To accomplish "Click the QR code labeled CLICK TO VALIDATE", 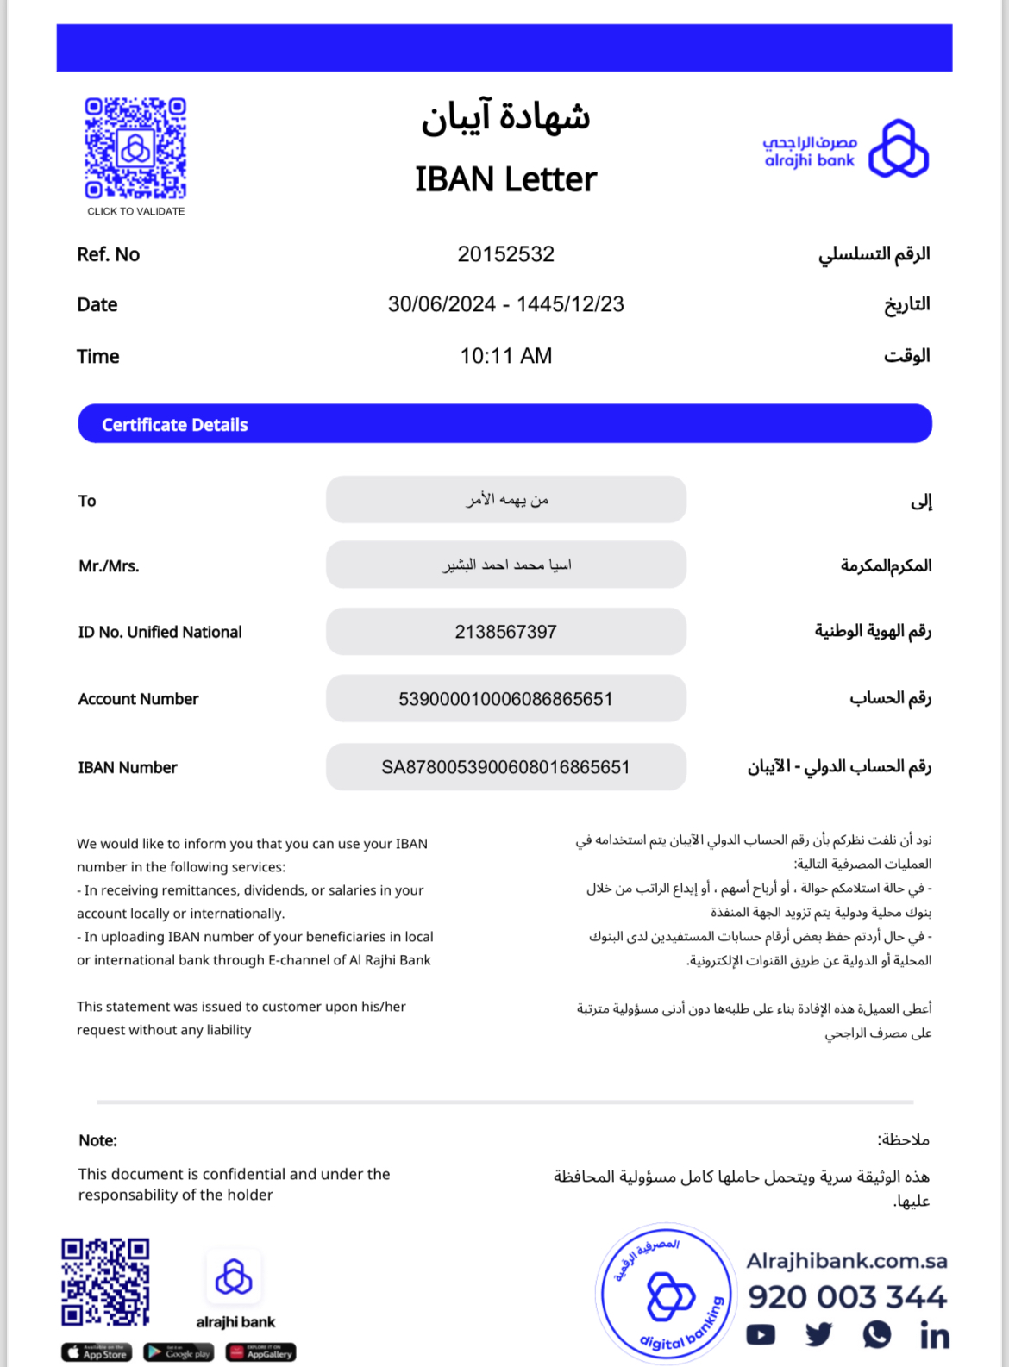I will [x=135, y=148].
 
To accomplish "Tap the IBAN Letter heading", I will [x=505, y=179].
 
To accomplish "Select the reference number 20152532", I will [x=505, y=254].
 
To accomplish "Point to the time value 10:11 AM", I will [x=505, y=356].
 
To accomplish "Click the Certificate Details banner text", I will [x=175, y=425].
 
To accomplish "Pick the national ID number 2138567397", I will [x=505, y=632].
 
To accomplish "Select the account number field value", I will [x=505, y=699].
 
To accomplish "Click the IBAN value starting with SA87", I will [x=505, y=767].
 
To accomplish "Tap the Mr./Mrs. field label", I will [x=109, y=566].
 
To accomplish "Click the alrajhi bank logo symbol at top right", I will [x=898, y=149].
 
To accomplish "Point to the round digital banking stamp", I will [x=665, y=1294].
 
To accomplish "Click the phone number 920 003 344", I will [x=847, y=1297].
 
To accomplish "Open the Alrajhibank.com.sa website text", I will [x=846, y=1261].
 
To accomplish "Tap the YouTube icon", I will [x=760, y=1335].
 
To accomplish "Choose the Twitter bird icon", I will [x=818, y=1335].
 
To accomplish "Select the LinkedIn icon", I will [x=934, y=1335].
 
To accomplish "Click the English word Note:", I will [x=97, y=1140].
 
